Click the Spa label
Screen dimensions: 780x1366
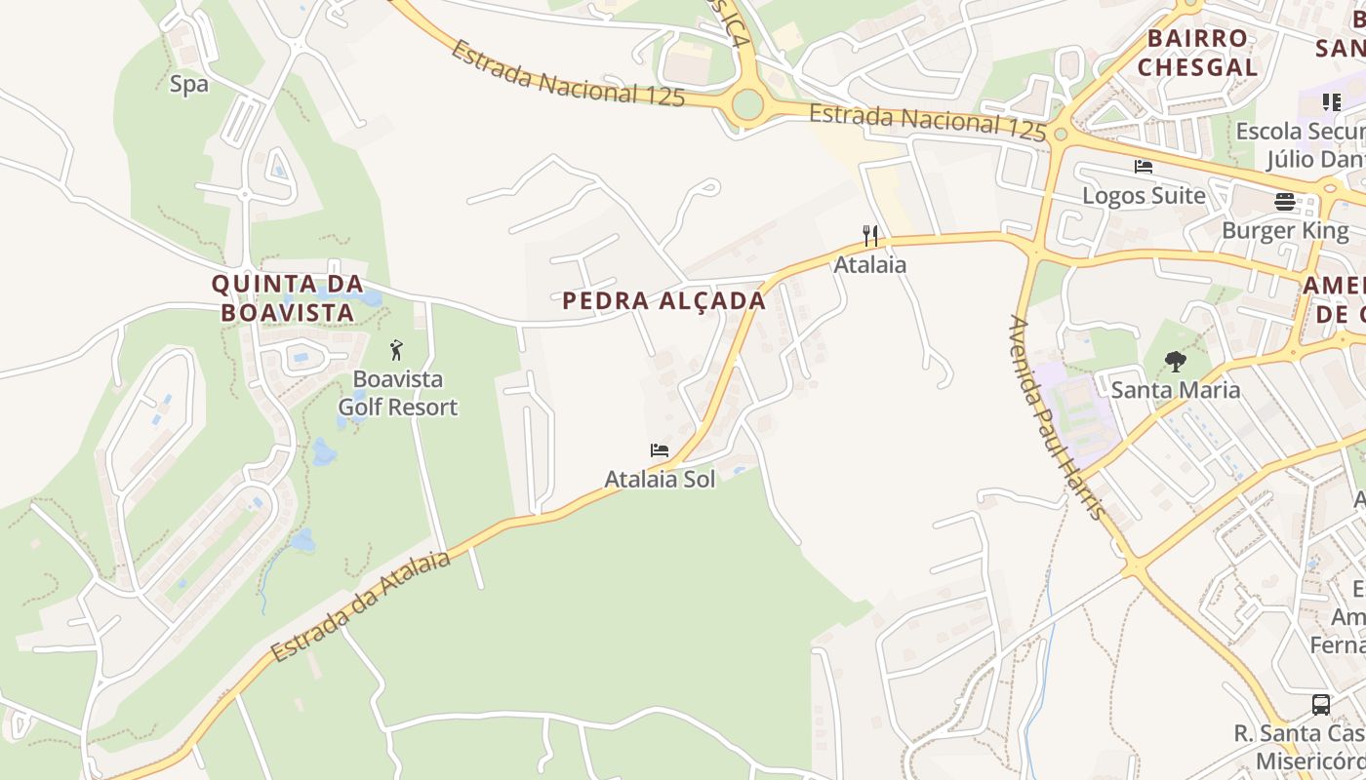pos(189,85)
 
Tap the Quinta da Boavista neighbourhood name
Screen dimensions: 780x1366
pos(287,298)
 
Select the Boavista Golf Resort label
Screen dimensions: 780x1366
pos(397,393)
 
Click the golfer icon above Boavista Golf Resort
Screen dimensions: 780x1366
pos(396,350)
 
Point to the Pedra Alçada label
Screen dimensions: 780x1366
pos(664,301)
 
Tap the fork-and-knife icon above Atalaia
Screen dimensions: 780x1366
pos(870,235)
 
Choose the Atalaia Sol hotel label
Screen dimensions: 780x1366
pos(660,479)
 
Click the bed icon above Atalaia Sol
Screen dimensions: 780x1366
pos(660,450)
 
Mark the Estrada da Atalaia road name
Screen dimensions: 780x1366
pos(362,605)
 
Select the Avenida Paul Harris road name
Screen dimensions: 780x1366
pos(1058,417)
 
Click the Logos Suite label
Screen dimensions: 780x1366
pos(1144,195)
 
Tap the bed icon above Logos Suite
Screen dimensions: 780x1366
pos(1144,167)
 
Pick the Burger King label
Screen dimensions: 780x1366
pos(1285,231)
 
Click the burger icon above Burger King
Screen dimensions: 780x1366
pos(1285,202)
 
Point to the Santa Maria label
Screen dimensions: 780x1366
pos(1176,390)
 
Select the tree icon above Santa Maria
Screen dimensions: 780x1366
pos(1176,362)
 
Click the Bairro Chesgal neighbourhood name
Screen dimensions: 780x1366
pos(1197,53)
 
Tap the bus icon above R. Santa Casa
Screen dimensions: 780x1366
pos(1320,705)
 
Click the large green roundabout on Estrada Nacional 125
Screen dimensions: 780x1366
pos(747,104)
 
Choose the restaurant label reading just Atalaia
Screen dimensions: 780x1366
pos(869,264)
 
